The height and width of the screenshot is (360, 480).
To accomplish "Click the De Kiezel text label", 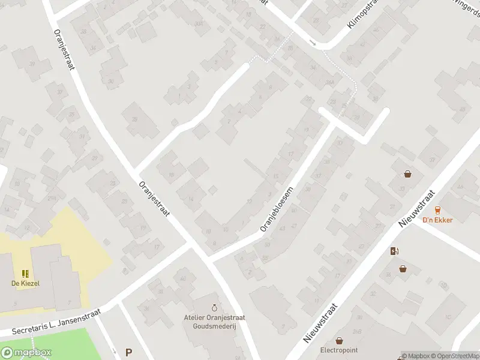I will (x=25, y=283).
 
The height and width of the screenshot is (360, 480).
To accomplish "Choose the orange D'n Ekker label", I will (x=437, y=220).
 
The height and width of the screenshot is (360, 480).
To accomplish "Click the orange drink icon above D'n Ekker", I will (x=437, y=209).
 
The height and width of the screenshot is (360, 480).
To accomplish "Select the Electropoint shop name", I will (x=339, y=350).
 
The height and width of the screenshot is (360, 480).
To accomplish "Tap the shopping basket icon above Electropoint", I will (x=340, y=340).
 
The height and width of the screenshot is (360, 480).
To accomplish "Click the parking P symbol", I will (x=128, y=353).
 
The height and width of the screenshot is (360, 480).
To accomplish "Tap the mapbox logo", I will (x=26, y=353).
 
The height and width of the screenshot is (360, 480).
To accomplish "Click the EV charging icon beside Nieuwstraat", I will (x=394, y=251).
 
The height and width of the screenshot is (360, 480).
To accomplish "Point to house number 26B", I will (x=357, y=332).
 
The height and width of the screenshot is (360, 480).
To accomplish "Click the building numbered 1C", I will (x=447, y=316).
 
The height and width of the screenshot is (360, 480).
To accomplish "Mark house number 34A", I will (x=329, y=83).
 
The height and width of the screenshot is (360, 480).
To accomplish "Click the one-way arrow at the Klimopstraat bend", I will (x=312, y=42).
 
